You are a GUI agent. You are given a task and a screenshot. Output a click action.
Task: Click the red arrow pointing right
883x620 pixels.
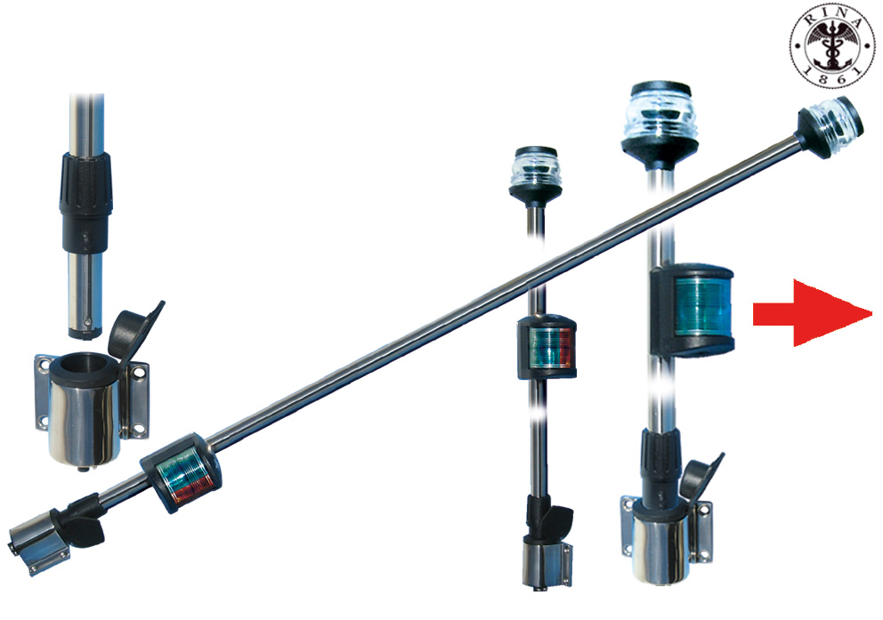812,314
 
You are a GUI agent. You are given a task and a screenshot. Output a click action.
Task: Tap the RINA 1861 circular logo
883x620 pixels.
833,45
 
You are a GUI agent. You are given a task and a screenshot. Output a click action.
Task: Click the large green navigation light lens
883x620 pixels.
703,307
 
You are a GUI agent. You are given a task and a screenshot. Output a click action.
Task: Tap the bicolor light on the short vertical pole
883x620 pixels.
547,346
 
